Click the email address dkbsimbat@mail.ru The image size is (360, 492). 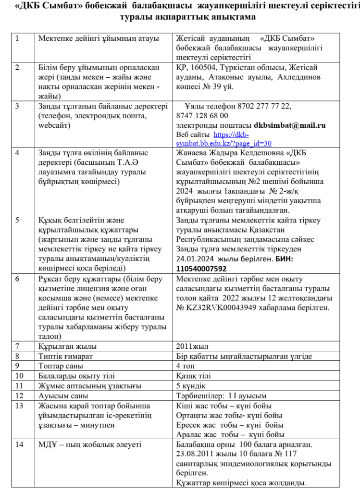290,125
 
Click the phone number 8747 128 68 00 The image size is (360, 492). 202,116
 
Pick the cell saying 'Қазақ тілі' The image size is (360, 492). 193,376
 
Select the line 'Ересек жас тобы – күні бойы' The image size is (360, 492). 230,425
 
